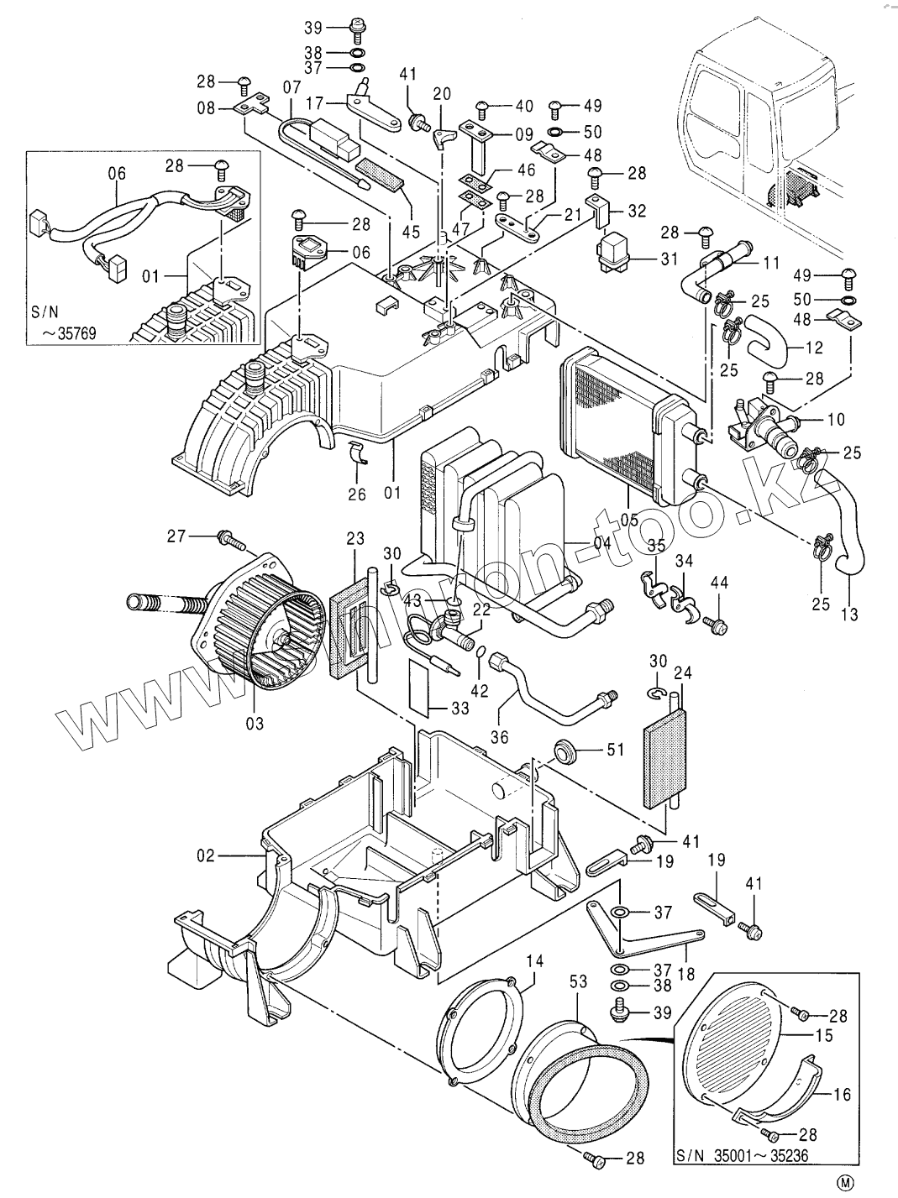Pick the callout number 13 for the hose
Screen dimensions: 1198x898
click(849, 615)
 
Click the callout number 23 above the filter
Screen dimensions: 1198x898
click(355, 536)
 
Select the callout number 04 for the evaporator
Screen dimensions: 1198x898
click(601, 543)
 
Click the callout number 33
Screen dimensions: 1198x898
click(460, 708)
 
